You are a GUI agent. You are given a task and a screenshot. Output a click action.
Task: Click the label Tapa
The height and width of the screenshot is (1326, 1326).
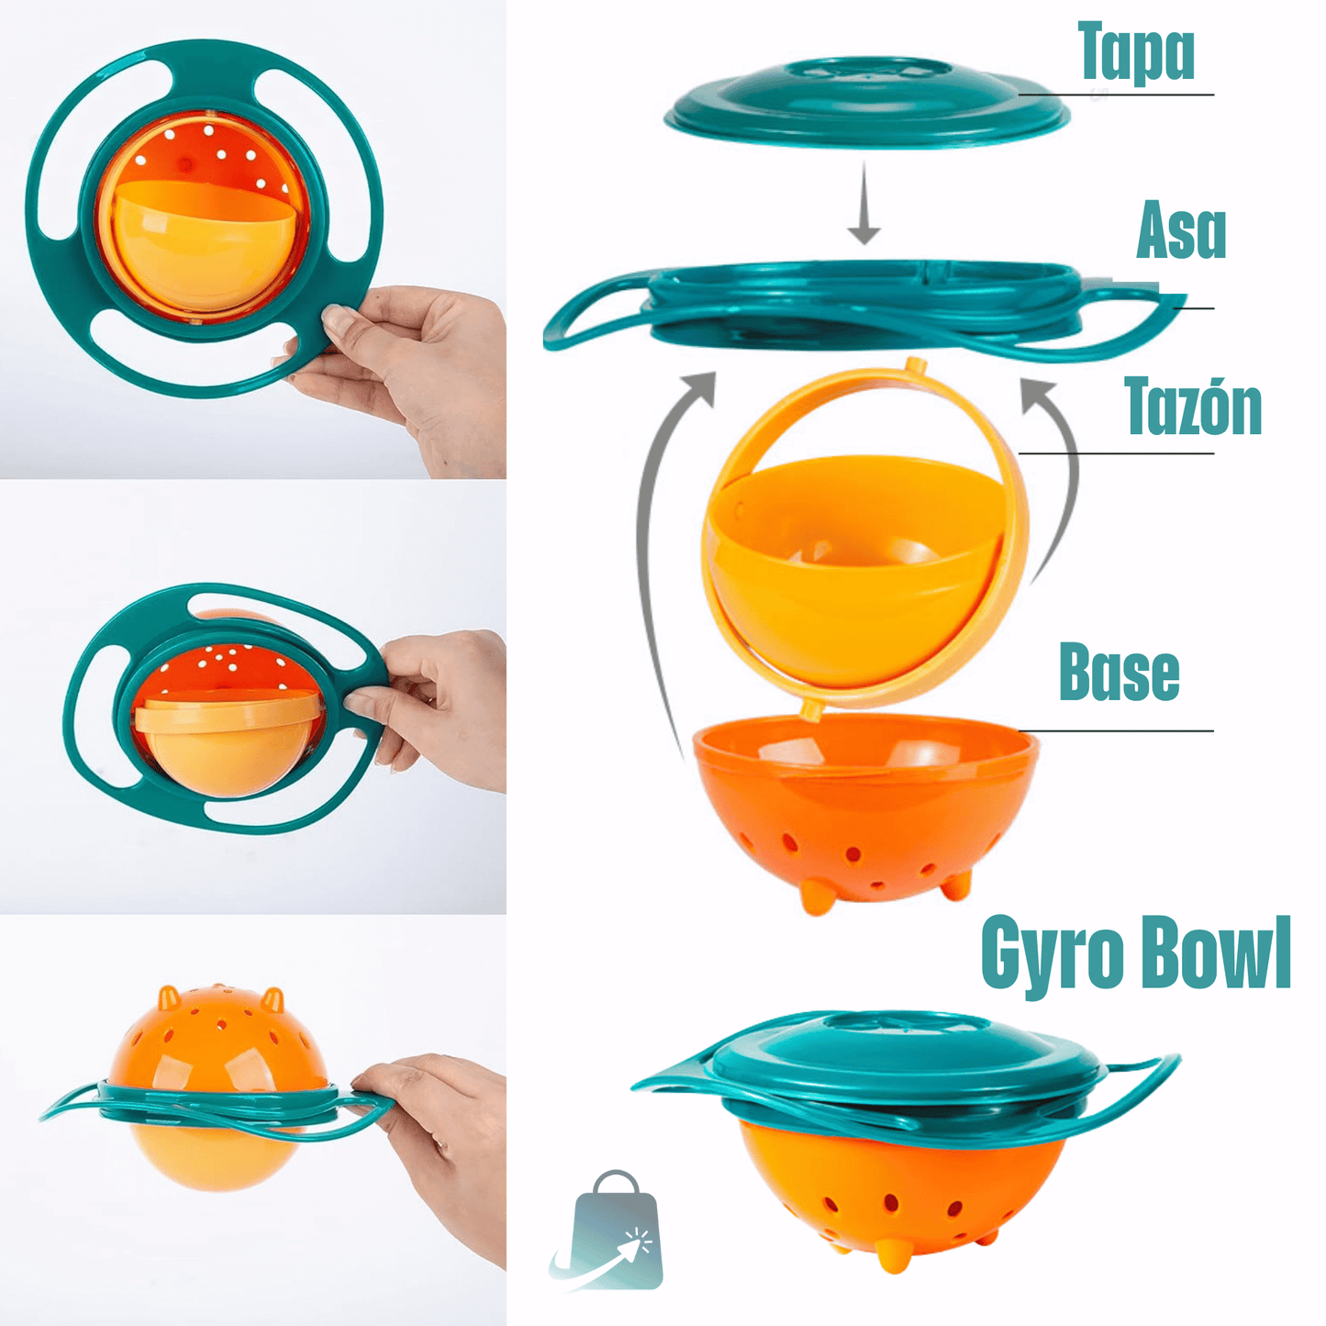(1136, 52)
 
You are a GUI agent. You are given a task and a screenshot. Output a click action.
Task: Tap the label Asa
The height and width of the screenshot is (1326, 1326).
(1181, 231)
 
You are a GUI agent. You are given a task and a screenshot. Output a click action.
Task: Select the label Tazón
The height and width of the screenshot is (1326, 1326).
(1193, 407)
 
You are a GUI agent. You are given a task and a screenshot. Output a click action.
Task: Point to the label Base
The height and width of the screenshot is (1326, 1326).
(1119, 673)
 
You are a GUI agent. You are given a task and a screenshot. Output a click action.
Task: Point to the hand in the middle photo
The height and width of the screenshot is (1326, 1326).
(440, 697)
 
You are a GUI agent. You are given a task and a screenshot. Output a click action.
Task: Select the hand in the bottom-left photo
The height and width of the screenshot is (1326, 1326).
(440, 1147)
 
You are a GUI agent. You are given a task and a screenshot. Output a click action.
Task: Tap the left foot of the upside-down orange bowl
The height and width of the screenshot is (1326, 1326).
(169, 997)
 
